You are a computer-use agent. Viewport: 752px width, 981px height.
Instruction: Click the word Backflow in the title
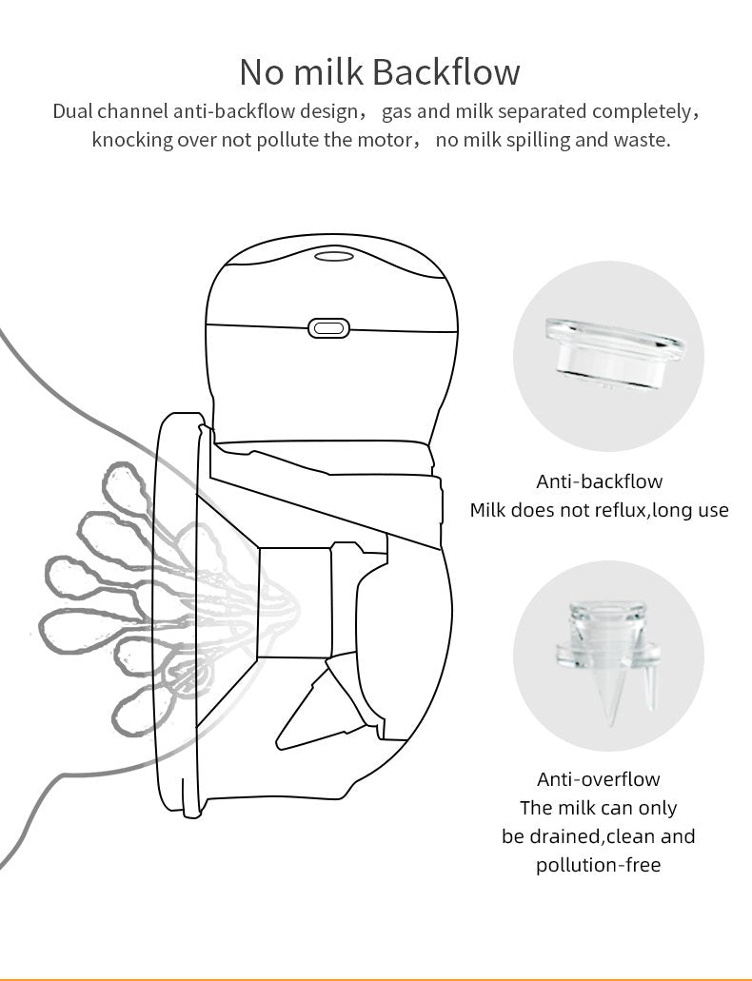point(448,71)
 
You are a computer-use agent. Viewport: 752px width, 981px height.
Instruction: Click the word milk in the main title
point(328,71)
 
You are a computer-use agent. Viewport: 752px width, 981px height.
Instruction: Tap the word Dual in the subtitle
point(72,111)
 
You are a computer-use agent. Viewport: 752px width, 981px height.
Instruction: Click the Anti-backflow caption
point(600,481)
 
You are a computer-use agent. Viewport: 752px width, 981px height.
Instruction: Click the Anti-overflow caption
point(599,779)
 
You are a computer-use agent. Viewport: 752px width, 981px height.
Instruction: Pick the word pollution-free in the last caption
point(598,865)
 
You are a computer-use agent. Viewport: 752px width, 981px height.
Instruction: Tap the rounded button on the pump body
point(328,328)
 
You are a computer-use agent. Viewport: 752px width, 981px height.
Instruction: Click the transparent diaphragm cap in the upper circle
point(614,353)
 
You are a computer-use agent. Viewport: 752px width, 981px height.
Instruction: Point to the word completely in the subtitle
point(643,111)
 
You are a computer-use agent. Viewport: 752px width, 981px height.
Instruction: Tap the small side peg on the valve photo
point(649,688)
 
